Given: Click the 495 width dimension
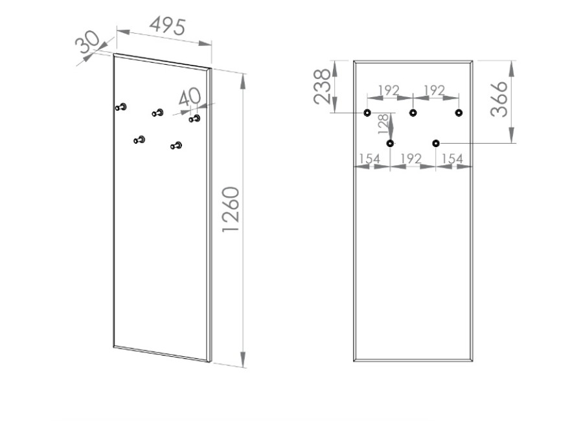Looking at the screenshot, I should point(168,27).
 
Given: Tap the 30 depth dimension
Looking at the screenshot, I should point(88,43).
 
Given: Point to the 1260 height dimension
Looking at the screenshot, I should point(231,210).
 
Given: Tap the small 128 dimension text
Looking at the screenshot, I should point(383,124).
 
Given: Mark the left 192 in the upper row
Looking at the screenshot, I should point(388,90).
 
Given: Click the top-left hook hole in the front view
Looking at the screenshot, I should point(367,113).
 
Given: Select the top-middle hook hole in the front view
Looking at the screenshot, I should point(413,113).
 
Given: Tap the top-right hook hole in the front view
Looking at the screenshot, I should point(459,113).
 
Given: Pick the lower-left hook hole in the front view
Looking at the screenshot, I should point(390,143).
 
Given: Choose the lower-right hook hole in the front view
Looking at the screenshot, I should point(436,143).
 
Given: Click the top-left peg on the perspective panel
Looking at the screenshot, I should point(121,107).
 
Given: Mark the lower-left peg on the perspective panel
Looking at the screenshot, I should point(139,139).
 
